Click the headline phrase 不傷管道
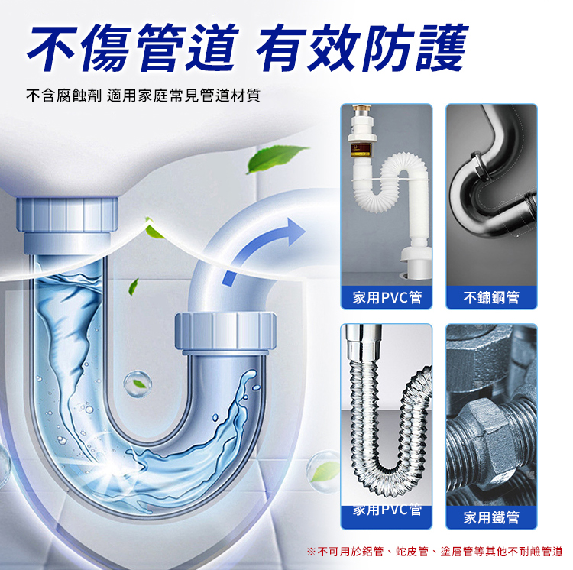click(133, 47)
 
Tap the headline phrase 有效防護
click(362, 47)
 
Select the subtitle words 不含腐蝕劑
click(63, 96)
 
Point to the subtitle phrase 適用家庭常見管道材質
click(183, 96)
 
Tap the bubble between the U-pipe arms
click(137, 384)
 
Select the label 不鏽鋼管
click(491, 297)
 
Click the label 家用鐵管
click(491, 517)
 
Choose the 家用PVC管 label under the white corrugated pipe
click(387, 297)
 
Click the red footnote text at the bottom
click(435, 552)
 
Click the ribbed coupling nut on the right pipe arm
click(225, 331)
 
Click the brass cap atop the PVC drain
click(362, 108)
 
